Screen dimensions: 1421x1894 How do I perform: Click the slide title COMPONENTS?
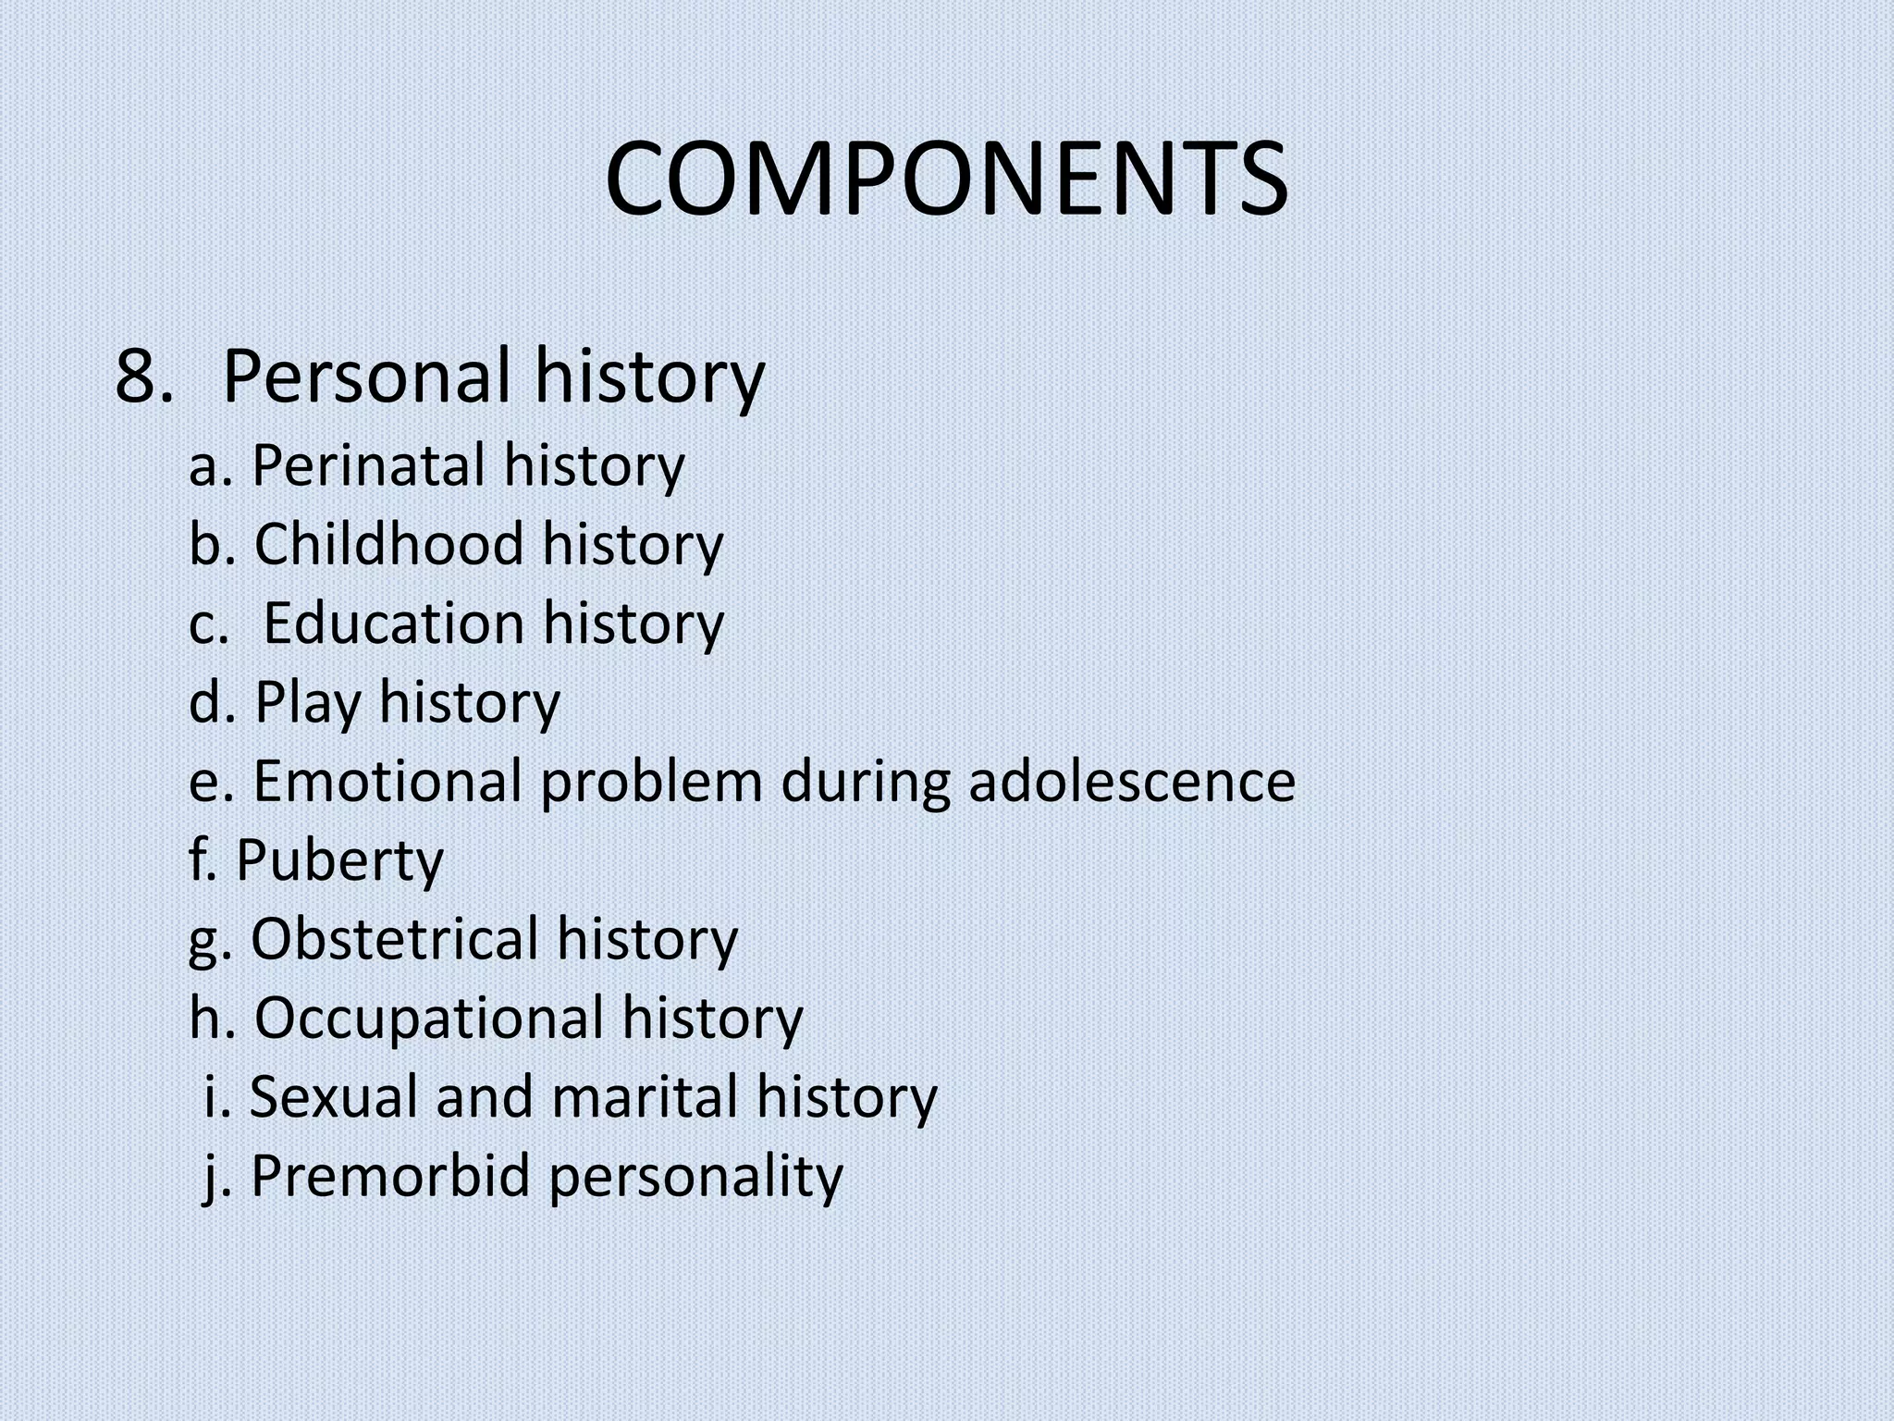[x=946, y=178]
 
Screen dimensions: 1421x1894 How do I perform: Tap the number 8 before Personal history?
[x=140, y=377]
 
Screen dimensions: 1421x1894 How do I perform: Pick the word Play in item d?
[x=308, y=703]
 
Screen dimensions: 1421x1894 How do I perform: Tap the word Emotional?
[x=387, y=781]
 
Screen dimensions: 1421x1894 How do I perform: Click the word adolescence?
[x=1132, y=781]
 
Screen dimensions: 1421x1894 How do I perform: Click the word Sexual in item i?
[x=336, y=1097]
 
